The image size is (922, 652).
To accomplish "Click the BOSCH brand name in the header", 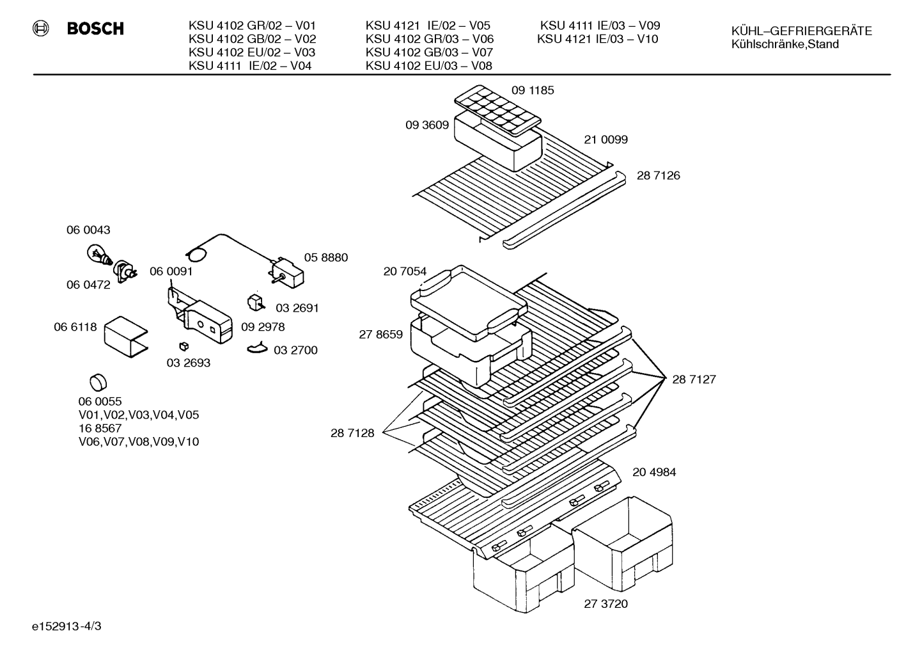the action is tap(95, 29).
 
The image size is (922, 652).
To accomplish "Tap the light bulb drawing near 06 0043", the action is tap(98, 254).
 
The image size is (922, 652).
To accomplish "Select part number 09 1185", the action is tap(533, 90).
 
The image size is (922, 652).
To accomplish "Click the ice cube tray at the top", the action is tap(497, 110).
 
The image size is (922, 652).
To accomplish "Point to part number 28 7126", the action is tap(658, 175).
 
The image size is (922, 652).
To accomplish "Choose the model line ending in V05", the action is tap(428, 26).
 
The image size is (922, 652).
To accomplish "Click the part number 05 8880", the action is tap(325, 257).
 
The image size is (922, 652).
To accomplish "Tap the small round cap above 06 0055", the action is tap(98, 383).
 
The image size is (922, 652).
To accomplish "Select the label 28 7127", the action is tap(694, 379).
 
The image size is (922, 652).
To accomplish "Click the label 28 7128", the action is tap(352, 433).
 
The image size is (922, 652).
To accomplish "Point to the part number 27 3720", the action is tap(606, 604).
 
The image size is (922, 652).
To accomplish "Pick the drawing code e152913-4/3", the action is tap(66, 626).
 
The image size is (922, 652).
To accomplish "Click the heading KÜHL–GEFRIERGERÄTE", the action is tap(801, 31).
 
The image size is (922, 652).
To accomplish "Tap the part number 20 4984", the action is tap(654, 472).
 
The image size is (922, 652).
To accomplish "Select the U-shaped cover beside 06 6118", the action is tap(126, 337).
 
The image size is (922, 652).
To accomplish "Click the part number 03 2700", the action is tap(295, 350).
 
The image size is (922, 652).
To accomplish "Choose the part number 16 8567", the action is tap(100, 428).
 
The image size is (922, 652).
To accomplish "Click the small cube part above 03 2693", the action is tap(184, 346).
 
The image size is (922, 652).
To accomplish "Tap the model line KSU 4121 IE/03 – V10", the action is tap(597, 39).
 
